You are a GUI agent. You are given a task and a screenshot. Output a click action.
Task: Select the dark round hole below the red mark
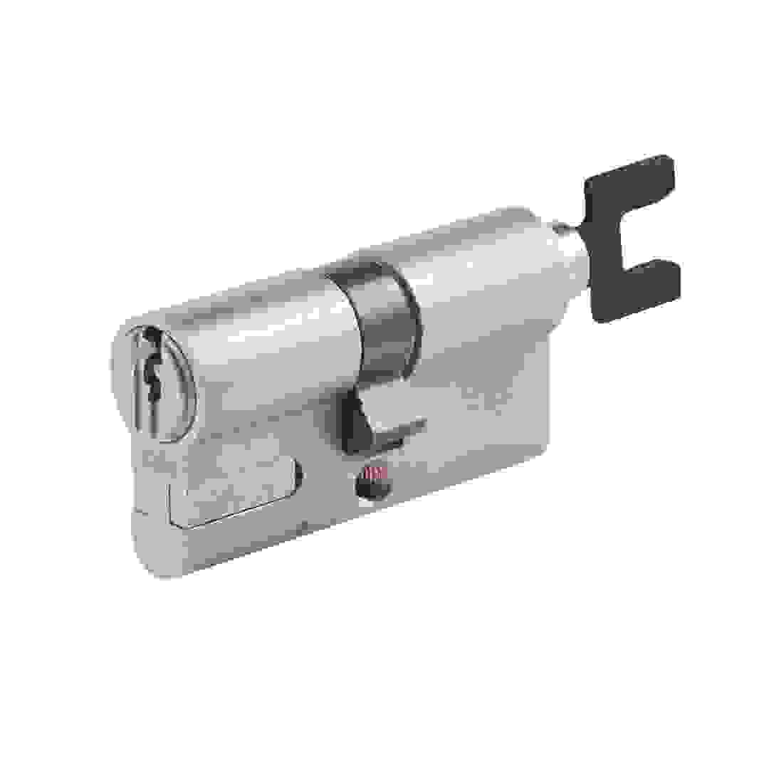coord(371,488)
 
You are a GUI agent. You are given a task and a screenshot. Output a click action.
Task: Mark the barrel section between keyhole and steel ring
coord(271,342)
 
